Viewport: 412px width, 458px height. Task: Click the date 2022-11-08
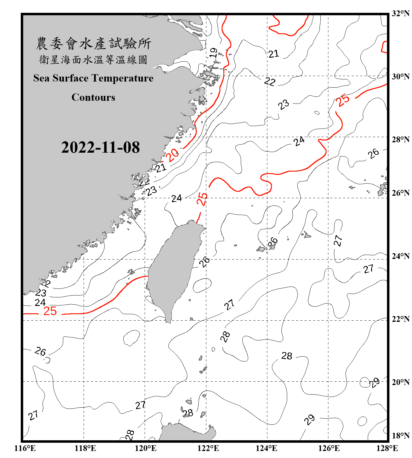pyautogui.click(x=100, y=147)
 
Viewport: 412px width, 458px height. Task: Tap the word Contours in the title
pyautogui.click(x=93, y=97)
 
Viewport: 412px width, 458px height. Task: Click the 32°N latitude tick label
pyautogui.click(x=401, y=13)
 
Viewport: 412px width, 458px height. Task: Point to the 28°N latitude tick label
pyautogui.click(x=401, y=140)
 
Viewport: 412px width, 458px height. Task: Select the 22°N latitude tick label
pyautogui.click(x=401, y=319)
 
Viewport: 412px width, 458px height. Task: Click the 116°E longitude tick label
pyautogui.click(x=25, y=448)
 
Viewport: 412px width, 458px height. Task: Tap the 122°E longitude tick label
pyautogui.click(x=208, y=448)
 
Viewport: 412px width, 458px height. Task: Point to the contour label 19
pyautogui.click(x=214, y=53)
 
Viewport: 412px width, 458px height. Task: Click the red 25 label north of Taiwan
pyautogui.click(x=202, y=199)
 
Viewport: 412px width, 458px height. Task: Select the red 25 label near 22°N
pyautogui.click(x=50, y=311)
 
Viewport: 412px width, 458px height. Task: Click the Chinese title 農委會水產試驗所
pyautogui.click(x=93, y=44)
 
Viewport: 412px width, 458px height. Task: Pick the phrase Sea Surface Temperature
pyautogui.click(x=93, y=78)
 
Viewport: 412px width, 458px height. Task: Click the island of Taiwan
pyautogui.click(x=172, y=269)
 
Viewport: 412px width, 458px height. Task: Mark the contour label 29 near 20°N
pyautogui.click(x=374, y=382)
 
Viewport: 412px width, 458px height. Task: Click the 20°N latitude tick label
pyautogui.click(x=401, y=382)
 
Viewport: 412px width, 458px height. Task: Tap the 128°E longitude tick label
pyautogui.click(x=387, y=448)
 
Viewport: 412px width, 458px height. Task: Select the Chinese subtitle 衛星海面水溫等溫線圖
pyautogui.click(x=93, y=60)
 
